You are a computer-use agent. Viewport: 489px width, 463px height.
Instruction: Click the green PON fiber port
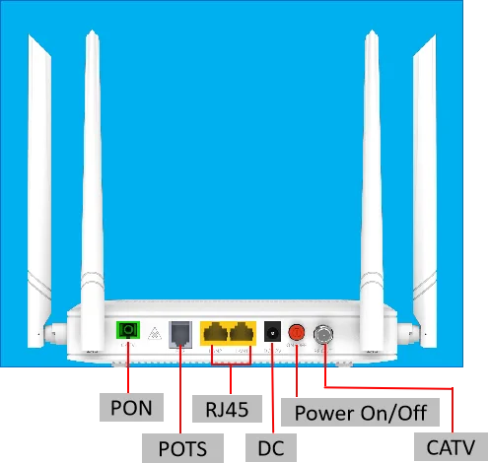click(x=127, y=331)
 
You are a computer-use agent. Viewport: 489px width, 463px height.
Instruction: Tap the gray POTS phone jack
click(x=180, y=333)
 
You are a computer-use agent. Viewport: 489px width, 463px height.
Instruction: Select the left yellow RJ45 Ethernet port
click(x=215, y=333)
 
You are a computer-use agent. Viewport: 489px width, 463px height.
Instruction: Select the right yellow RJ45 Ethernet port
click(x=243, y=333)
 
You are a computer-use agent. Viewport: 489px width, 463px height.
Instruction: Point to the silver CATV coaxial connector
click(x=322, y=336)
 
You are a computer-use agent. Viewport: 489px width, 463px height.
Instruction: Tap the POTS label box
click(x=182, y=448)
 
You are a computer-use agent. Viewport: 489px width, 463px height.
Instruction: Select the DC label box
click(x=270, y=448)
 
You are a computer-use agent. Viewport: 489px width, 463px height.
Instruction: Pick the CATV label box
click(x=457, y=446)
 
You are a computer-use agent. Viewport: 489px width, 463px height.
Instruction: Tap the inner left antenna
click(x=94, y=177)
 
